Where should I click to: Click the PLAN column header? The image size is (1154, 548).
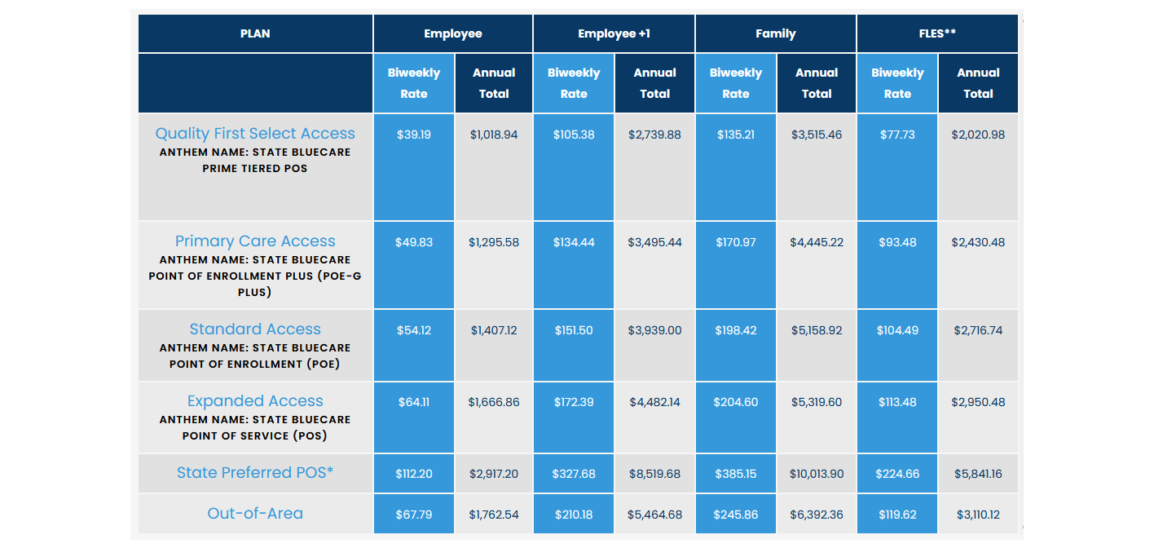tap(255, 33)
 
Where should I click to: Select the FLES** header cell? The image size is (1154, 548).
tap(937, 33)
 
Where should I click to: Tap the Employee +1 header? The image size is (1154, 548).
tap(614, 33)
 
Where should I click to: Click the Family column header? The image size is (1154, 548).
tap(775, 33)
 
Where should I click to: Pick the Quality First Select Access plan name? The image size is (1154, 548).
tap(255, 133)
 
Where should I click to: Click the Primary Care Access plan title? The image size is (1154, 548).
tap(255, 241)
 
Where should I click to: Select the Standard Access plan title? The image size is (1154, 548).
tap(255, 329)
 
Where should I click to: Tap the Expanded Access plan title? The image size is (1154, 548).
tap(255, 400)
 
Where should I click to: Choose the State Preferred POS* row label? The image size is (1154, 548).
tap(255, 472)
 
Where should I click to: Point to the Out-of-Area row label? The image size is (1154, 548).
tap(255, 513)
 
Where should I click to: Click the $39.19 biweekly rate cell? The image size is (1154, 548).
tap(414, 135)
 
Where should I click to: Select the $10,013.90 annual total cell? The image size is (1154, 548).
tap(817, 474)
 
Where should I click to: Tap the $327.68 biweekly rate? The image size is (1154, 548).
tap(574, 474)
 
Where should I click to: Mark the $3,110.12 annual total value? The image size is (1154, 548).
tap(978, 515)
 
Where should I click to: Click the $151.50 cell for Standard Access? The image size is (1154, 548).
tap(574, 330)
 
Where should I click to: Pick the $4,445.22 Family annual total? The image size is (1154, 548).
tap(817, 242)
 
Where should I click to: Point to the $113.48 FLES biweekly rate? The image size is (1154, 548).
tap(897, 402)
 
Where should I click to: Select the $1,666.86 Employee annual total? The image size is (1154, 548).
tap(494, 402)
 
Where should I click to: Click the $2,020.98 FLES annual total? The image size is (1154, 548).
tap(978, 135)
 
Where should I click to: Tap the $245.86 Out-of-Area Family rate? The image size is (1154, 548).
tap(735, 515)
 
